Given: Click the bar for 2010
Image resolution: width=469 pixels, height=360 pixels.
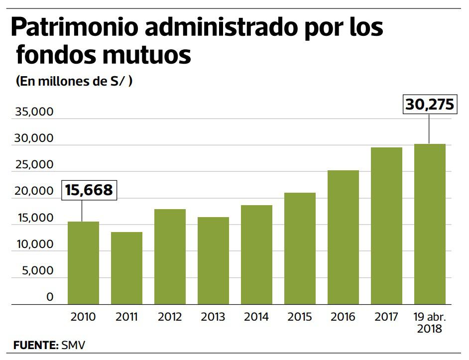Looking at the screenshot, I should tap(83, 263).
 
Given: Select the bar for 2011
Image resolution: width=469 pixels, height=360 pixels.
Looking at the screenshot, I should tap(126, 268).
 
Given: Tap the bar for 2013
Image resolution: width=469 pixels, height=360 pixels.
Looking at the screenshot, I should tap(213, 260).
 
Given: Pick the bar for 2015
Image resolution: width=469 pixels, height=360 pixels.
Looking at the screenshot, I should tap(300, 248).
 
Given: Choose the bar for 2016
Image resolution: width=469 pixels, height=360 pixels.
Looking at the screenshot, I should tap(343, 237).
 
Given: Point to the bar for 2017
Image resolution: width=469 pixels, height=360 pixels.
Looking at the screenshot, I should tap(386, 226).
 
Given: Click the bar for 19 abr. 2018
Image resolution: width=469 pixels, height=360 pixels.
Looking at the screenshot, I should tap(430, 224).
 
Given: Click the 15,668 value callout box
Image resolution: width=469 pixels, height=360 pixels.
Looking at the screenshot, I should tap(89, 190).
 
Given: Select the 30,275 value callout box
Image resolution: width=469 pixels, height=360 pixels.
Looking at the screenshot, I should tap(429, 105).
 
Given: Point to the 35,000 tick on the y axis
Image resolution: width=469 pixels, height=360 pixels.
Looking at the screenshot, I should tap(34, 112).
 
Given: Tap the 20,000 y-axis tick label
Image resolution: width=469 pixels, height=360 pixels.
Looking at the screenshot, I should tap(34, 191).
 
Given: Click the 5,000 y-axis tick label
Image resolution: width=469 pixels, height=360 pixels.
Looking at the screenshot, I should tap(37, 271).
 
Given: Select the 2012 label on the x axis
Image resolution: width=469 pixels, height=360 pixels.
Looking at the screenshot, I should tap(170, 317).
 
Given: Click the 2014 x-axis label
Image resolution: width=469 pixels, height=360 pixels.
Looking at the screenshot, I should tap(256, 317).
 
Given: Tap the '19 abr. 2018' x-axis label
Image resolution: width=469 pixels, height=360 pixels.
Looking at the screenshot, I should tap(430, 322).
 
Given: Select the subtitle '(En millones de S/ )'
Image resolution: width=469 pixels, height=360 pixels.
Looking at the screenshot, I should tap(74, 82).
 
